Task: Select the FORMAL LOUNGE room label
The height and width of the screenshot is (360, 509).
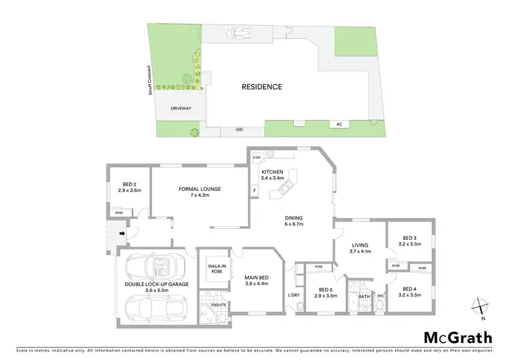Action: (200, 192)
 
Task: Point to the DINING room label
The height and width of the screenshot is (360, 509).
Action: (293, 220)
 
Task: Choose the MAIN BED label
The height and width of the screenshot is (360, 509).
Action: (257, 280)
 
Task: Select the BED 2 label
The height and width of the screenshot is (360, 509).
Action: (130, 187)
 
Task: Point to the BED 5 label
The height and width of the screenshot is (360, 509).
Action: (326, 293)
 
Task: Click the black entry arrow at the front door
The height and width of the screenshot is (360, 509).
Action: (121, 235)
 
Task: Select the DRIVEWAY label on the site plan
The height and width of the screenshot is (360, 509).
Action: (181, 107)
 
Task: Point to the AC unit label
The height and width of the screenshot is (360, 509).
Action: (339, 124)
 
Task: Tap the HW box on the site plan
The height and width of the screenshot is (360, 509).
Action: (239, 129)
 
